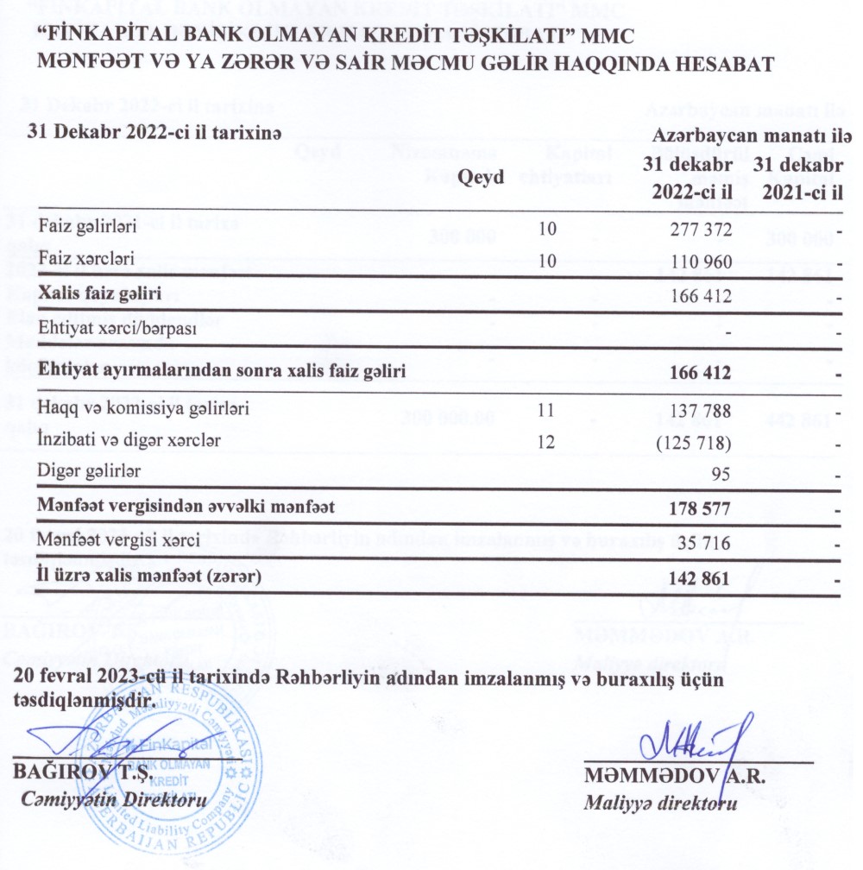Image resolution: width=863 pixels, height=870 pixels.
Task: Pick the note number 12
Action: [545, 442]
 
